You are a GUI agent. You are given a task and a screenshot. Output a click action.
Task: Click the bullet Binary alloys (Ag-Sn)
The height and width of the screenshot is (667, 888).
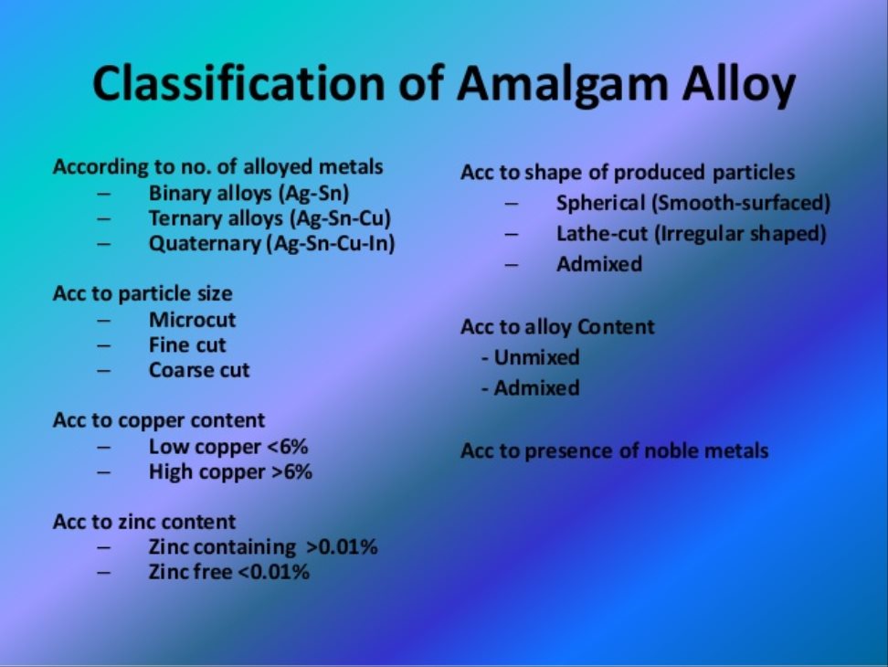[x=248, y=194]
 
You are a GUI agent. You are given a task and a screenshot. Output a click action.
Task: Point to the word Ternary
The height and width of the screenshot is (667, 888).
[x=185, y=219]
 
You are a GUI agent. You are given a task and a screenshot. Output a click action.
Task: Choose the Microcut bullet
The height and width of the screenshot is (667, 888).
[x=192, y=320]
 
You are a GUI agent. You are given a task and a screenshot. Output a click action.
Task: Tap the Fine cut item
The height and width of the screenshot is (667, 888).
[x=187, y=345]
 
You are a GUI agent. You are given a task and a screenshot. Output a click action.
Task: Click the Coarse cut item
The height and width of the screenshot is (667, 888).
[x=199, y=370]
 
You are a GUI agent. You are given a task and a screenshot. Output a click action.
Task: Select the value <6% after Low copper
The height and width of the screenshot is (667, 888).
[x=288, y=447]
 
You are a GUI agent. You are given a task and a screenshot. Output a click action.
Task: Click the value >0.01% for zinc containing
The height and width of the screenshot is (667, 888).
[x=342, y=547]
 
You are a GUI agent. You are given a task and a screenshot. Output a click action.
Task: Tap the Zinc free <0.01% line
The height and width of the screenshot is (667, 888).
[x=228, y=573]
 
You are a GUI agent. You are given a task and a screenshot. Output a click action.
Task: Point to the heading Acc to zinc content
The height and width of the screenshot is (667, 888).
[x=144, y=522]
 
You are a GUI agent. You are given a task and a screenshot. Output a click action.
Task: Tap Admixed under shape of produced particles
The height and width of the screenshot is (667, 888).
[x=598, y=264]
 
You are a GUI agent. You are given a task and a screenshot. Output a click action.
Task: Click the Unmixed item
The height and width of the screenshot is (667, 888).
[x=536, y=357]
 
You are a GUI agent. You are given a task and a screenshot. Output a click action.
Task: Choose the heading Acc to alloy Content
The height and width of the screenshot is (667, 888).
[x=557, y=327]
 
